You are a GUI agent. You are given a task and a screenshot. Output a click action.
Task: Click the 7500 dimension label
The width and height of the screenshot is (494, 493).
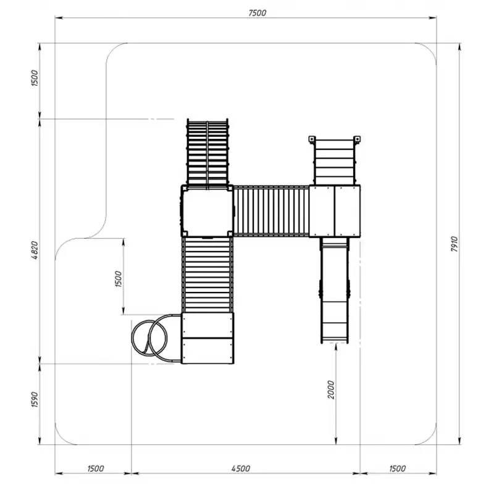coord(257,13)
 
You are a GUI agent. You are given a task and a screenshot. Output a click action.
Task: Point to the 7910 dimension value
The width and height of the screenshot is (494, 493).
coord(454,243)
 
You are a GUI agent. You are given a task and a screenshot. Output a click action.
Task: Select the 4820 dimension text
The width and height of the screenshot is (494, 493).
coord(35,250)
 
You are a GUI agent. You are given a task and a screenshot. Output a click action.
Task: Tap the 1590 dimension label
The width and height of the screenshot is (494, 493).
coord(35,399)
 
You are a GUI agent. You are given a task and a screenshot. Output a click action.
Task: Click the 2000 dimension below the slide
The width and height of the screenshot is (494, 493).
coord(330,389)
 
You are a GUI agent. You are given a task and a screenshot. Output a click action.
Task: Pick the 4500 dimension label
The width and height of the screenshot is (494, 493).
coord(241,468)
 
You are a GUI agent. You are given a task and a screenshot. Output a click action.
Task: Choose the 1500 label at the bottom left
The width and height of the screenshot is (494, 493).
coord(95,468)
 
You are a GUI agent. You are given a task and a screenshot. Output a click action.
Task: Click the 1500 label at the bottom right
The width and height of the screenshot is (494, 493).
coord(397,468)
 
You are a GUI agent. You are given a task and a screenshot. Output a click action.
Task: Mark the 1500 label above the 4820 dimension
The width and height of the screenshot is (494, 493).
coord(35,78)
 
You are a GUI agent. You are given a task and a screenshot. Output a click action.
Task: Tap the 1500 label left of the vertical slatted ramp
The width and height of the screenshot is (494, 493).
coord(118,279)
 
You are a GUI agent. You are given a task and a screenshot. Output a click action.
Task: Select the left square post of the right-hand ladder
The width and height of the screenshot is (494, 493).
coord(311,139)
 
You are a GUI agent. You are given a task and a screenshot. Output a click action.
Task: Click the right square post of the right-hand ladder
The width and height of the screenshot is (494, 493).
coord(357,139)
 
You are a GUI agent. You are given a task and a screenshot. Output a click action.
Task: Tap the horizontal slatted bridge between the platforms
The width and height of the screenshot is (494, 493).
coord(271,210)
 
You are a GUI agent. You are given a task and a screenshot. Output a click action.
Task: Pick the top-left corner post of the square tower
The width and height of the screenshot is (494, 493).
coord(184,188)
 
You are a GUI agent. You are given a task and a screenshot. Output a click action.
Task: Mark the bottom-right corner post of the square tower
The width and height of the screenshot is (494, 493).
coord(230,234)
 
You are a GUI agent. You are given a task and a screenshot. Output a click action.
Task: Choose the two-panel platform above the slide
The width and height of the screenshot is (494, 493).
coord(335,211)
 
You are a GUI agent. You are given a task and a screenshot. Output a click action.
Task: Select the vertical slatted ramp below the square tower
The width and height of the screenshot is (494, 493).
coord(207,275)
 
